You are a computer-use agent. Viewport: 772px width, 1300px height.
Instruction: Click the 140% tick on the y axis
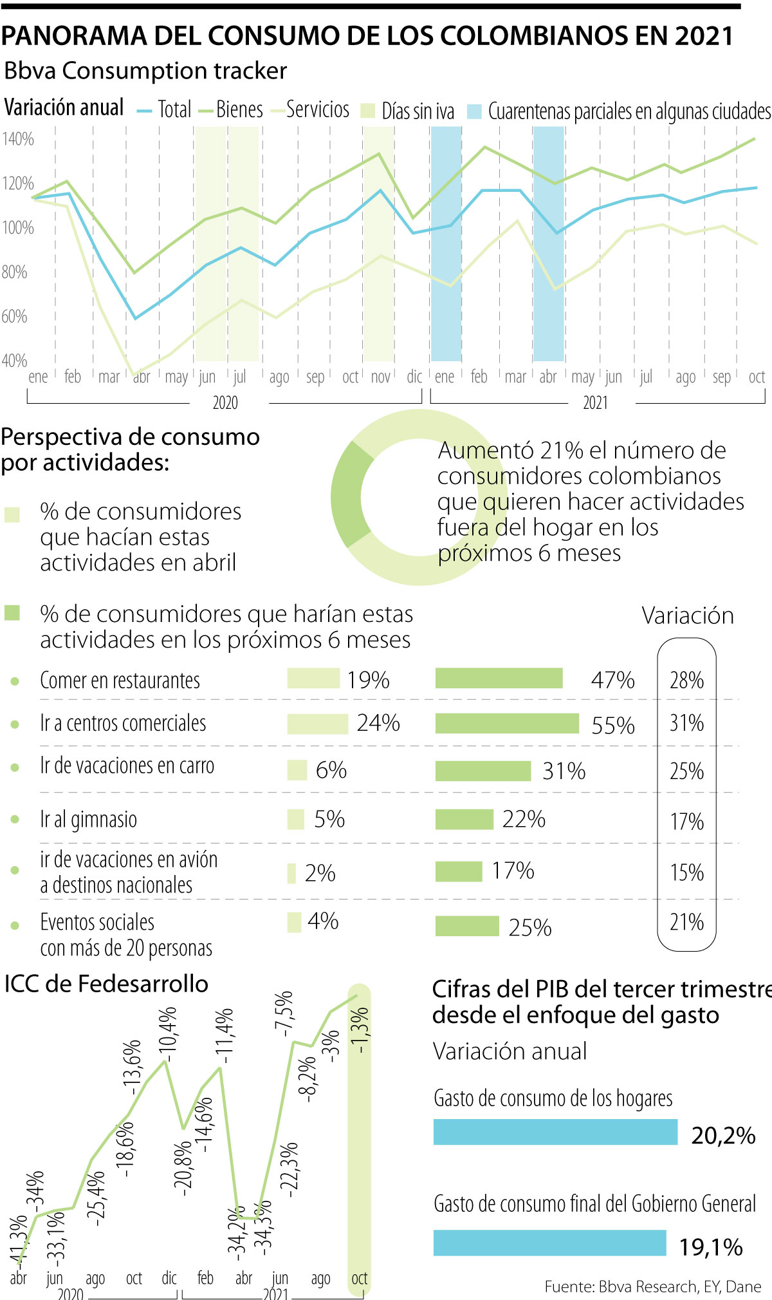point(17,139)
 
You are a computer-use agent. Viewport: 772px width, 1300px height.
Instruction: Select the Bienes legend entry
point(239,110)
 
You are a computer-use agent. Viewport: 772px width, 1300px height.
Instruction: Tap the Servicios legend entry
point(317,110)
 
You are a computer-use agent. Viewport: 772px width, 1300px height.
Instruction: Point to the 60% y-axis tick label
point(14,317)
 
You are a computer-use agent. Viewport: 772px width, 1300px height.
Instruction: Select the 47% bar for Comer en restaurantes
point(499,679)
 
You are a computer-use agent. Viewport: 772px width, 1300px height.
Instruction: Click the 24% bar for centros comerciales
point(317,724)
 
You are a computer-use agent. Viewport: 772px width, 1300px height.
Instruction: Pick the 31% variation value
point(686,723)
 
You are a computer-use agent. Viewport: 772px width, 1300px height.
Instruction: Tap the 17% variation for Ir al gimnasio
point(686,822)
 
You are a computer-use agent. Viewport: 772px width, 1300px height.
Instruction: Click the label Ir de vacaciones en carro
point(127,766)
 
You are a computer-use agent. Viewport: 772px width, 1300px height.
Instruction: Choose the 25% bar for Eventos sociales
point(467,927)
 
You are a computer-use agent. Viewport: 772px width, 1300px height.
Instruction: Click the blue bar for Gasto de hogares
point(555,1133)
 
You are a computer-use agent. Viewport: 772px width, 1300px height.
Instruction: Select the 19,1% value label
point(711,1248)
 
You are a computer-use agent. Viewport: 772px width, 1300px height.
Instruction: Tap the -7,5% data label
point(284,1013)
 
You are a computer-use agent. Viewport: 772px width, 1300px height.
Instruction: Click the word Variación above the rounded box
point(687,616)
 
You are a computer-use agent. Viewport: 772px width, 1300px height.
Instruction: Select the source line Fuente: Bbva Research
point(652,1286)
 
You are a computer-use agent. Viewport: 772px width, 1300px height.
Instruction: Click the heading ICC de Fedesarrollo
point(106,984)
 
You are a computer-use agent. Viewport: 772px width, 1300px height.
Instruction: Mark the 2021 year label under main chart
point(595,403)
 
